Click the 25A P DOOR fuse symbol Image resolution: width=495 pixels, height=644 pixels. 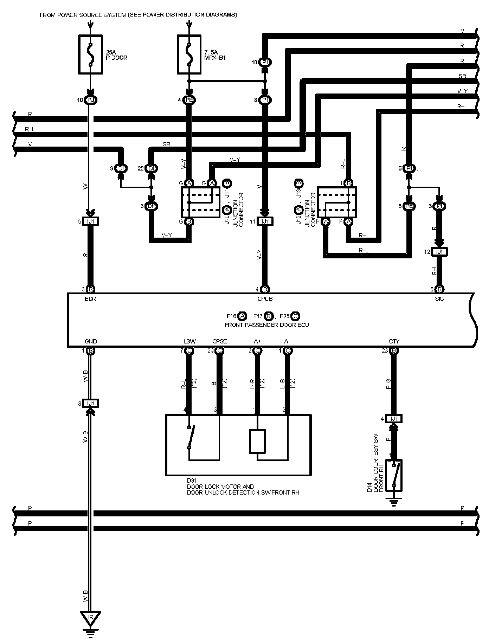pyautogui.click(x=90, y=54)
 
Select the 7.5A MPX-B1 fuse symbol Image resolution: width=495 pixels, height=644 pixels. pyautogui.click(x=189, y=54)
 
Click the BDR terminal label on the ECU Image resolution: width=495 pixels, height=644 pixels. pyautogui.click(x=90, y=299)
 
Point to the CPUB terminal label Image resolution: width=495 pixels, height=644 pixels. pyautogui.click(x=265, y=299)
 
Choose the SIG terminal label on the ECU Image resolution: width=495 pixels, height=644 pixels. pyautogui.click(x=439, y=299)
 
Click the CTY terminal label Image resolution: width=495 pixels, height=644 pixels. pyautogui.click(x=394, y=341)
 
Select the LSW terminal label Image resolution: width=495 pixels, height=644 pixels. pyautogui.click(x=189, y=341)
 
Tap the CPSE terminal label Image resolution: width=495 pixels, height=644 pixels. pyautogui.click(x=219, y=341)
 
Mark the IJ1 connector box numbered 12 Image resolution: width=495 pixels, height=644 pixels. pyautogui.click(x=439, y=252)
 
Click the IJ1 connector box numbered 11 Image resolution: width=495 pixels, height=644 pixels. pyautogui.click(x=265, y=221)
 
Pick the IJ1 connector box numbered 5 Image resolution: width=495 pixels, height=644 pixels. pyautogui.click(x=90, y=221)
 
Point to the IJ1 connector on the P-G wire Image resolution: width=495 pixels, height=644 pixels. pyautogui.click(x=394, y=419)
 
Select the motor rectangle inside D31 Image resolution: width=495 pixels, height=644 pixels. pyautogui.click(x=258, y=441)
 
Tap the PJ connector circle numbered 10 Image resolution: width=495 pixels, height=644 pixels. pyautogui.click(x=90, y=100)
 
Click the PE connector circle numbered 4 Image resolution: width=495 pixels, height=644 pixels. pyautogui.click(x=189, y=100)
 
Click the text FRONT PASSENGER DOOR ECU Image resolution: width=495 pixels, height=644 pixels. pyautogui.click(x=266, y=325)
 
